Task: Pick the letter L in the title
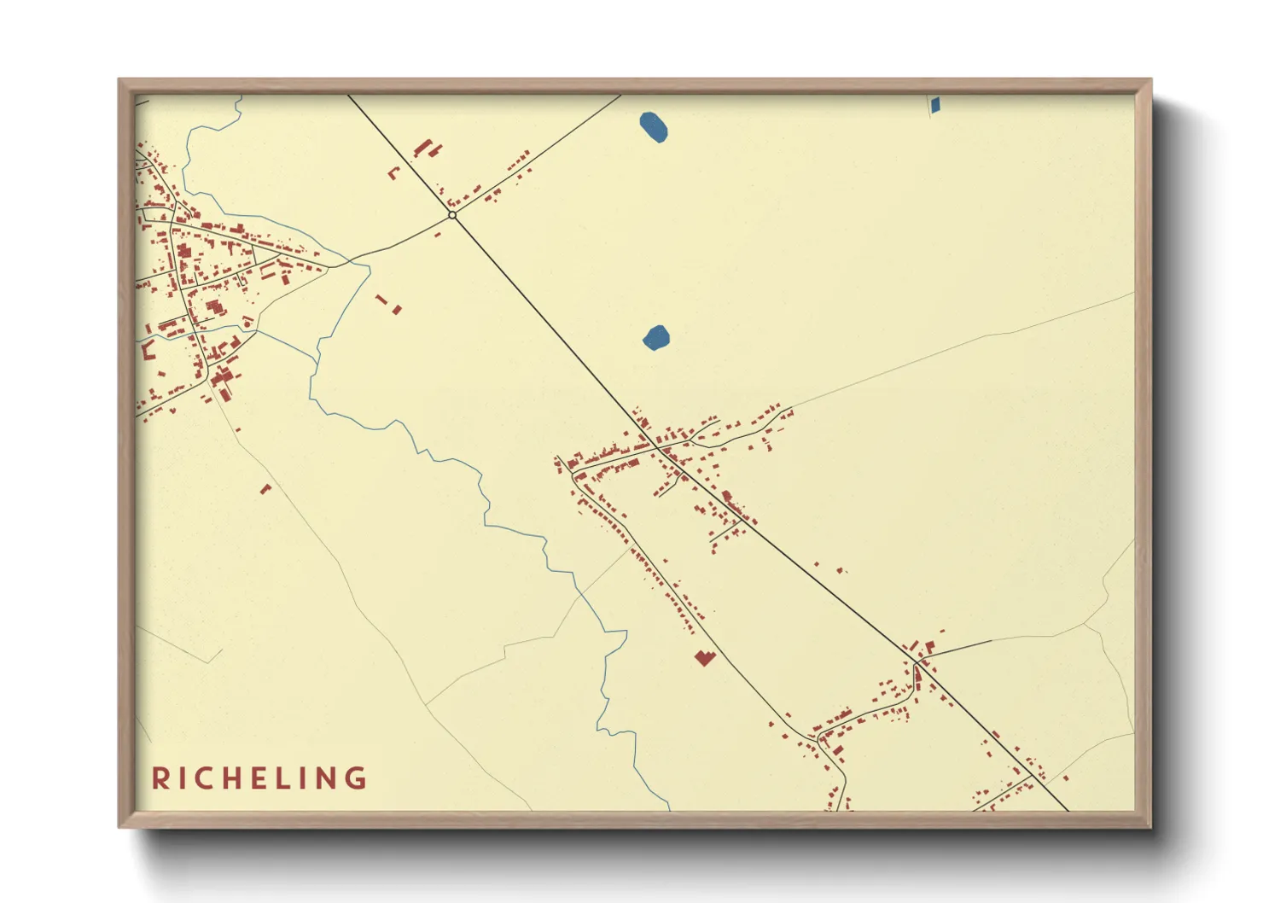click(x=283, y=778)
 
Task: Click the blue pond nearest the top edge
click(x=654, y=127)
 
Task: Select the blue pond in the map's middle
click(x=656, y=338)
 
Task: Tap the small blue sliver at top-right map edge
click(x=934, y=105)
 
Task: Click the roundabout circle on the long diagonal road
click(x=452, y=215)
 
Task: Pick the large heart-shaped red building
click(x=703, y=657)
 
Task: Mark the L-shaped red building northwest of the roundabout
click(x=393, y=173)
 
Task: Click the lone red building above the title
click(x=265, y=489)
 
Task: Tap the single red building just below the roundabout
click(x=438, y=234)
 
